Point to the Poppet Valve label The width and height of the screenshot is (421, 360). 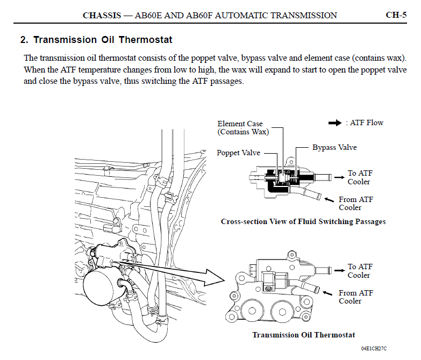[x=238, y=153]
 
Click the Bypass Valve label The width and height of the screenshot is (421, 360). [x=334, y=147]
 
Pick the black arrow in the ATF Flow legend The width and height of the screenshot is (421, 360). [x=335, y=123]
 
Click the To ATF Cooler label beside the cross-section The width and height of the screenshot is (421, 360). [x=359, y=177]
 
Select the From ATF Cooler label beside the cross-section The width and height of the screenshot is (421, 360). [x=355, y=203]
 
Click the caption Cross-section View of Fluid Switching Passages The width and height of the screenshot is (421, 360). [x=303, y=221]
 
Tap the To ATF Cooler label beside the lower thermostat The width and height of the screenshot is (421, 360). [x=359, y=271]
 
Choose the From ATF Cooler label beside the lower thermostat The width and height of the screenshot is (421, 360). [x=355, y=297]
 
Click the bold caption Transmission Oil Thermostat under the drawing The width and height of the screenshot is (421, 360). [x=304, y=335]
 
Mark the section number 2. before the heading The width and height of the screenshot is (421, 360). [x=24, y=40]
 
